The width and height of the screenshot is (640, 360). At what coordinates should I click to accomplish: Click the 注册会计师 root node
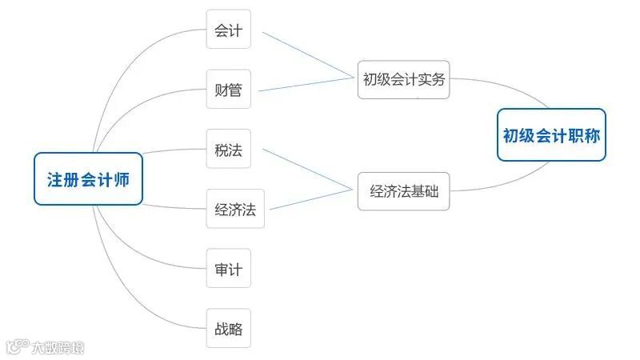click(x=88, y=179)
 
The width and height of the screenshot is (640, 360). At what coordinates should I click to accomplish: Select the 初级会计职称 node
click(x=551, y=135)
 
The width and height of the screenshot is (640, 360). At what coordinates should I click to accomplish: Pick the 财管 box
click(x=228, y=89)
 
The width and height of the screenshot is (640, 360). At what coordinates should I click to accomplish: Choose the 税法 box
click(x=228, y=150)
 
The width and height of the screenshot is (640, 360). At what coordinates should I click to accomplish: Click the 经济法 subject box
click(x=235, y=210)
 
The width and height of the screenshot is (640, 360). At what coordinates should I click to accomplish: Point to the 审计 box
click(x=228, y=269)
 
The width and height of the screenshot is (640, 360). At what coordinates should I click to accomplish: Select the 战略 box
click(x=228, y=328)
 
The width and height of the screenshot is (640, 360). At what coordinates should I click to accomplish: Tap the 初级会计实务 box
click(x=403, y=80)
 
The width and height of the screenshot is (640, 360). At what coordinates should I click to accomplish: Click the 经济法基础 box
click(x=403, y=191)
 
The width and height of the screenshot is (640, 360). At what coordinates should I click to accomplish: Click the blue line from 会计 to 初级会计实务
click(x=308, y=54)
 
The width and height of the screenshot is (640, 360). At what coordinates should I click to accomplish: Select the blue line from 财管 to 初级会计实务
click(x=308, y=84)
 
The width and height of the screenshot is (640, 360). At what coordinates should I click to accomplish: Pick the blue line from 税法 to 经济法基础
click(x=308, y=169)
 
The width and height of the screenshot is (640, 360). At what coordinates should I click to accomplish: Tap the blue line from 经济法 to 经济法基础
click(x=312, y=200)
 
